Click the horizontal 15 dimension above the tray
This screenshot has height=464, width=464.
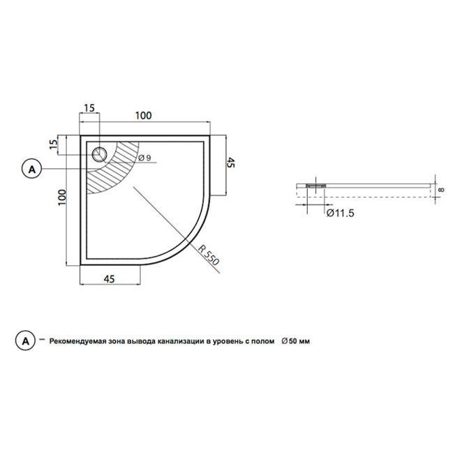click(x=89, y=108)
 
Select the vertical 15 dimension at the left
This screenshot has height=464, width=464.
click(x=54, y=144)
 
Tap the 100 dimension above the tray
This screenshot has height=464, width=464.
click(x=144, y=115)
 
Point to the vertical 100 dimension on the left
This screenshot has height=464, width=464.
click(x=62, y=197)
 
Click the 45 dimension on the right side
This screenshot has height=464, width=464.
click(x=230, y=163)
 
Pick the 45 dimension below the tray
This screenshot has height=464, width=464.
click(x=109, y=279)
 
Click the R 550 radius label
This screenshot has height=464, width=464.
click(x=209, y=255)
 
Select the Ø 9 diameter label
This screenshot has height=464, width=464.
click(x=144, y=158)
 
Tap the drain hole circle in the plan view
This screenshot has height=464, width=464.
click(x=99, y=154)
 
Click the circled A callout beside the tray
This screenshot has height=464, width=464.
click(x=32, y=170)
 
